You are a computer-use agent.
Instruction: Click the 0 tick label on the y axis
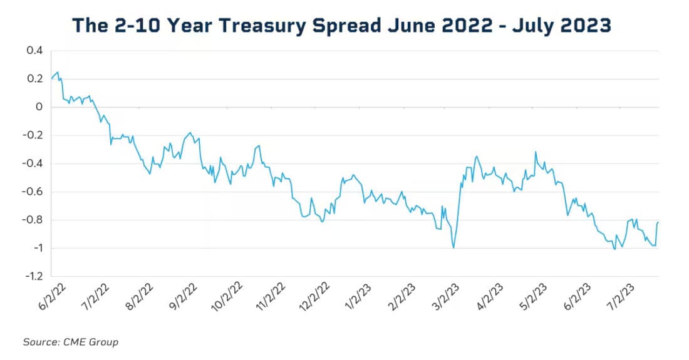coord(39,107)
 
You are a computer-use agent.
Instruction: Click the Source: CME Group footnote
coord(70,342)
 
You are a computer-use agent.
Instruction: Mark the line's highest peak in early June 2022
coord(58,72)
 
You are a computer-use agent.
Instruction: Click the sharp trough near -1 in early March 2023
coord(453,248)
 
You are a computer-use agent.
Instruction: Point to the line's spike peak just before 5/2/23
coord(536,152)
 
